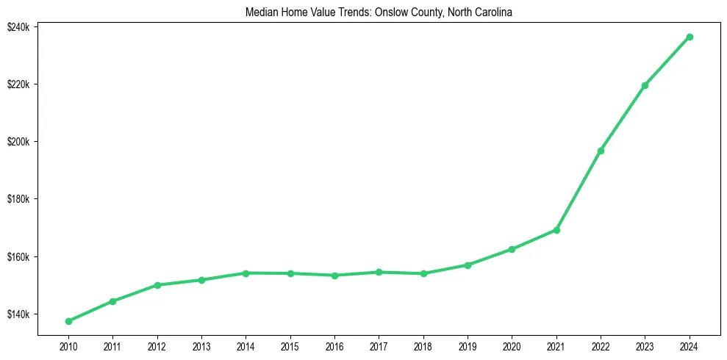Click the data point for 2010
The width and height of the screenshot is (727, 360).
click(68, 321)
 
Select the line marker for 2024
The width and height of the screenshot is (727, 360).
click(690, 37)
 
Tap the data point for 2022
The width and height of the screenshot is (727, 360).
click(601, 151)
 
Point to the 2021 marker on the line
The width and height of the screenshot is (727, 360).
click(556, 230)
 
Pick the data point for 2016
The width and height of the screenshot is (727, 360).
click(334, 276)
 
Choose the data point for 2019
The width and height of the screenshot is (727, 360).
click(468, 264)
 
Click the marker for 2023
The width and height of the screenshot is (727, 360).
click(645, 85)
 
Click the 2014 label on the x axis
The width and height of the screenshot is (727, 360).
click(246, 345)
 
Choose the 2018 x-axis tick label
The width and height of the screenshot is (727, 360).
click(423, 345)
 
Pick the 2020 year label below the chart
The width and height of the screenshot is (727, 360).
click(512, 345)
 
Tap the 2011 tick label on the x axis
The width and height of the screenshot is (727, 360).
click(112, 345)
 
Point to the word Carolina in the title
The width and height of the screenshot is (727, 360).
click(492, 12)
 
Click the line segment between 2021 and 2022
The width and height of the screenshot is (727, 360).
click(579, 190)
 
